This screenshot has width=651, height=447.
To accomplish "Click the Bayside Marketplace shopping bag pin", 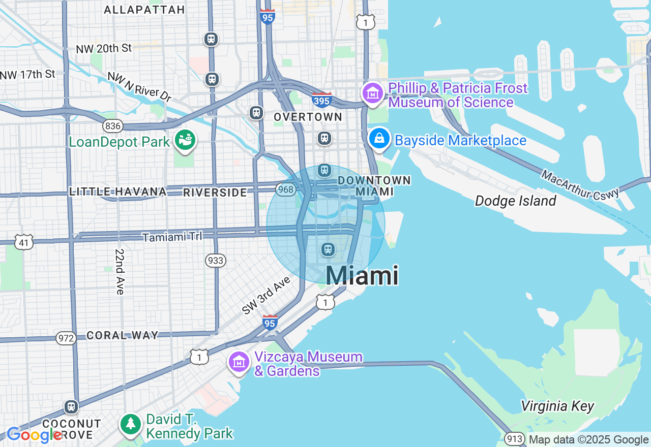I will pyautogui.click(x=379, y=139).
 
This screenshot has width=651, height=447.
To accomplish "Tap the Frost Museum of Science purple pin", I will pyautogui.click(x=373, y=93).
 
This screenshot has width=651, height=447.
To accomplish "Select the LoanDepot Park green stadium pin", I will pyautogui.click(x=185, y=141).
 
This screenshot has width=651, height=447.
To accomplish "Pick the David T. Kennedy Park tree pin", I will pyautogui.click(x=131, y=424).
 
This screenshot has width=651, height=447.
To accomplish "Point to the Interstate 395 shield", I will pyautogui.click(x=322, y=100).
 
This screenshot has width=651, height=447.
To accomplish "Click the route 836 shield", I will pyautogui.click(x=112, y=125).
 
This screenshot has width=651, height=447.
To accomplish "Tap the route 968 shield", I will pyautogui.click(x=286, y=189).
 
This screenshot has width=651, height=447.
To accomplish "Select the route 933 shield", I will pyautogui.click(x=216, y=261).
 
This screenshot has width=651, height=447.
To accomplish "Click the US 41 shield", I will pyautogui.click(x=24, y=242).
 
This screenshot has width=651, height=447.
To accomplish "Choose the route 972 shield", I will pyautogui.click(x=66, y=338).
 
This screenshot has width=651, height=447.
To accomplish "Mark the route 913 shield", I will pyautogui.click(x=515, y=439).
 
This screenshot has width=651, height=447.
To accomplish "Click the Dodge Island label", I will pyautogui.click(x=515, y=201).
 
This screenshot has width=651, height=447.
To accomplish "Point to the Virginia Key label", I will pyautogui.click(x=557, y=406).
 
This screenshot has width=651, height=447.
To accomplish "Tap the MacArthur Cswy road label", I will pyautogui.click(x=580, y=185).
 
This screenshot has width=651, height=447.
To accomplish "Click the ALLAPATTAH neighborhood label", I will pyautogui.click(x=144, y=10).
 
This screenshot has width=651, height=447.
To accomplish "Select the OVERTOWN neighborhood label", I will pyautogui.click(x=308, y=117).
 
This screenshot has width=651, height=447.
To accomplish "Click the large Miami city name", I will pyautogui.click(x=362, y=275).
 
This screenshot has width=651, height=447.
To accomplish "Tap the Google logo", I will pyautogui.click(x=34, y=435).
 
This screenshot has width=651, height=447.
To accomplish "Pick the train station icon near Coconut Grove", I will pyautogui.click(x=71, y=407).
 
